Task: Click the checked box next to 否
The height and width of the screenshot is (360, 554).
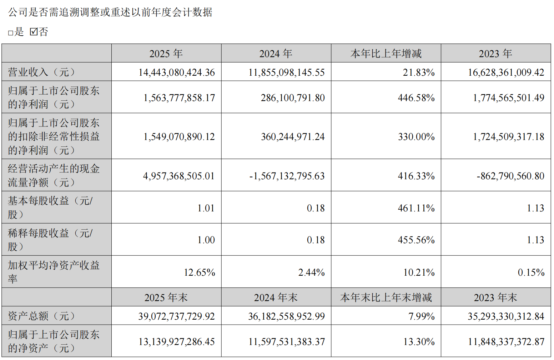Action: pyautogui.click(x=34, y=32)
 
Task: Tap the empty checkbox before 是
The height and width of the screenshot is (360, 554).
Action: pyautogui.click(x=11, y=33)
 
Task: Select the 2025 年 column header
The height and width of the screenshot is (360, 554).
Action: pyautogui.click(x=166, y=54)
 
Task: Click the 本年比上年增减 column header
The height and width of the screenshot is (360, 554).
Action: pyautogui.click(x=386, y=54)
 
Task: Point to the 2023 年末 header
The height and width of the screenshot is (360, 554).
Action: pyautogui.click(x=495, y=297)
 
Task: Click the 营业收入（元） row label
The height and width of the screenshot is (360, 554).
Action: pyautogui.click(x=42, y=72)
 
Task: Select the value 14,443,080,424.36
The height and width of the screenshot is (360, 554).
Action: pyautogui.click(x=177, y=72)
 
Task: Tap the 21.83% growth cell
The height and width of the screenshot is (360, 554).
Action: pyautogui.click(x=419, y=72)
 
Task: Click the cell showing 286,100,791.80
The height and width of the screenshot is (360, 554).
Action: pyautogui.click(x=293, y=98)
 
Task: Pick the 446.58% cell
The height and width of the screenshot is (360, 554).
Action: pyautogui.click(x=416, y=98)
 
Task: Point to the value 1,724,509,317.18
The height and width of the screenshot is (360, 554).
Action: pyautogui.click(x=509, y=137)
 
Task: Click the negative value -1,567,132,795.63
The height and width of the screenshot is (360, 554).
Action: pyautogui.click(x=287, y=176)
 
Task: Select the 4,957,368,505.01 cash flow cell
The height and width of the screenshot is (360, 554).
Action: pyautogui.click(x=179, y=176)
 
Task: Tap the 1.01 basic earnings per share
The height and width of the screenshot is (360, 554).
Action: pyautogui.click(x=206, y=208)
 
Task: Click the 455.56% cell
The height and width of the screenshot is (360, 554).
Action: pyautogui.click(x=416, y=240)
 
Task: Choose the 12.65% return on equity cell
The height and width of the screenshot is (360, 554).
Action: pyautogui.click(x=199, y=272)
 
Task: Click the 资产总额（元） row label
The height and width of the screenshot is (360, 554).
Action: pyautogui.click(x=42, y=316)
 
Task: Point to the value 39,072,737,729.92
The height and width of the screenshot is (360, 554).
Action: pyautogui.click(x=177, y=316)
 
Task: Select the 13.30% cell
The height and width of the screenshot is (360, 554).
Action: pyautogui.click(x=419, y=342)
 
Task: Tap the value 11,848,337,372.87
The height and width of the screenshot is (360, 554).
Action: pyautogui.click(x=506, y=342)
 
